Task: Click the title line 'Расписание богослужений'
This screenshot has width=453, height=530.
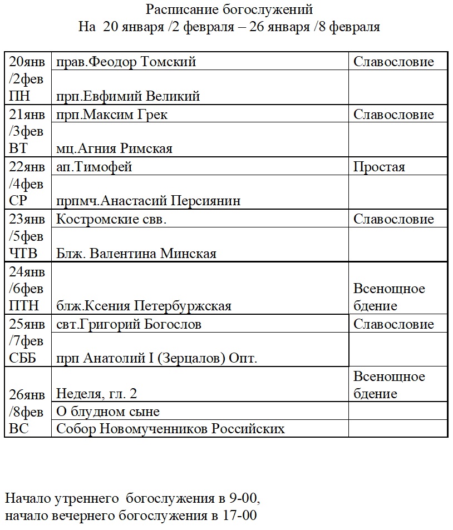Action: pos(229,9)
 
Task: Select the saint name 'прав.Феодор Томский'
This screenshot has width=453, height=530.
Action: pos(126,62)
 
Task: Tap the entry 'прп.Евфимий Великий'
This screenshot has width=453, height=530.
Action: pos(128,96)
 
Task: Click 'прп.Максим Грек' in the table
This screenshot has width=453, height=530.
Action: pos(112,115)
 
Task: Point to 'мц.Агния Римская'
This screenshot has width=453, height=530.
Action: pos(114,148)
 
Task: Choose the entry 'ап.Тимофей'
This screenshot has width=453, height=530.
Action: pos(95,167)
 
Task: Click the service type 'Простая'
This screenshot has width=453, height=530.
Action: pos(380,167)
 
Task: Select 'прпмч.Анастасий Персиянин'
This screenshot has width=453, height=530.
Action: pos(149,201)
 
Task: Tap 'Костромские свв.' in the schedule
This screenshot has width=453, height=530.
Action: pos(111,219)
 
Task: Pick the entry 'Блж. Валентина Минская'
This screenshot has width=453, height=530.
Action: pos(136,254)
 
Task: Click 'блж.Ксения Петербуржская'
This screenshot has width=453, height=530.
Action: pos(144,306)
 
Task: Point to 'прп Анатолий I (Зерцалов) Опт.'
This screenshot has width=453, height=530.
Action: pos(156,358)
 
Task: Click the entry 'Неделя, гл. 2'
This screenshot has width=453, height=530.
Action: pos(97,394)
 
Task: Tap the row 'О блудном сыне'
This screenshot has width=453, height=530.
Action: pos(108,412)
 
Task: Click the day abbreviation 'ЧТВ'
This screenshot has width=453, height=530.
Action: pos(23,254)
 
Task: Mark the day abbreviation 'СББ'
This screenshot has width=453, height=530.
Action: pos(23,358)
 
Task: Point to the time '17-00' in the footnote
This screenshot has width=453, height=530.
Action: pos(240,516)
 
